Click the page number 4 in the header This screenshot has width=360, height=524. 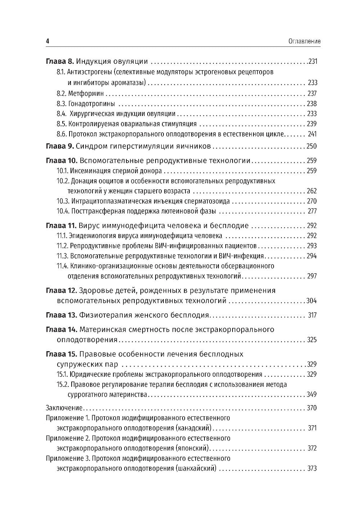tap(48, 41)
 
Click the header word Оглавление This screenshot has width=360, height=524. tap(305, 41)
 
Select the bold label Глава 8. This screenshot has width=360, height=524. tap(60, 61)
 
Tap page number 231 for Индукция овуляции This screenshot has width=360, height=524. tap(312, 62)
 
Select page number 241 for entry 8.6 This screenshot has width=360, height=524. tap(312, 134)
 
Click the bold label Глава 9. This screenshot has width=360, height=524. tap(60, 146)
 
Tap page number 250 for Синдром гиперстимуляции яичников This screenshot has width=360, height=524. tap(311, 146)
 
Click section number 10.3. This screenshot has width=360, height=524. tap(63, 201)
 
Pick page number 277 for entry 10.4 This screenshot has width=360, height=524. tap(312, 211)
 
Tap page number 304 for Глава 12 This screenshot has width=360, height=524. tap(311, 301)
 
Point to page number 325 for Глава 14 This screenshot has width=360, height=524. tap(311, 340)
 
